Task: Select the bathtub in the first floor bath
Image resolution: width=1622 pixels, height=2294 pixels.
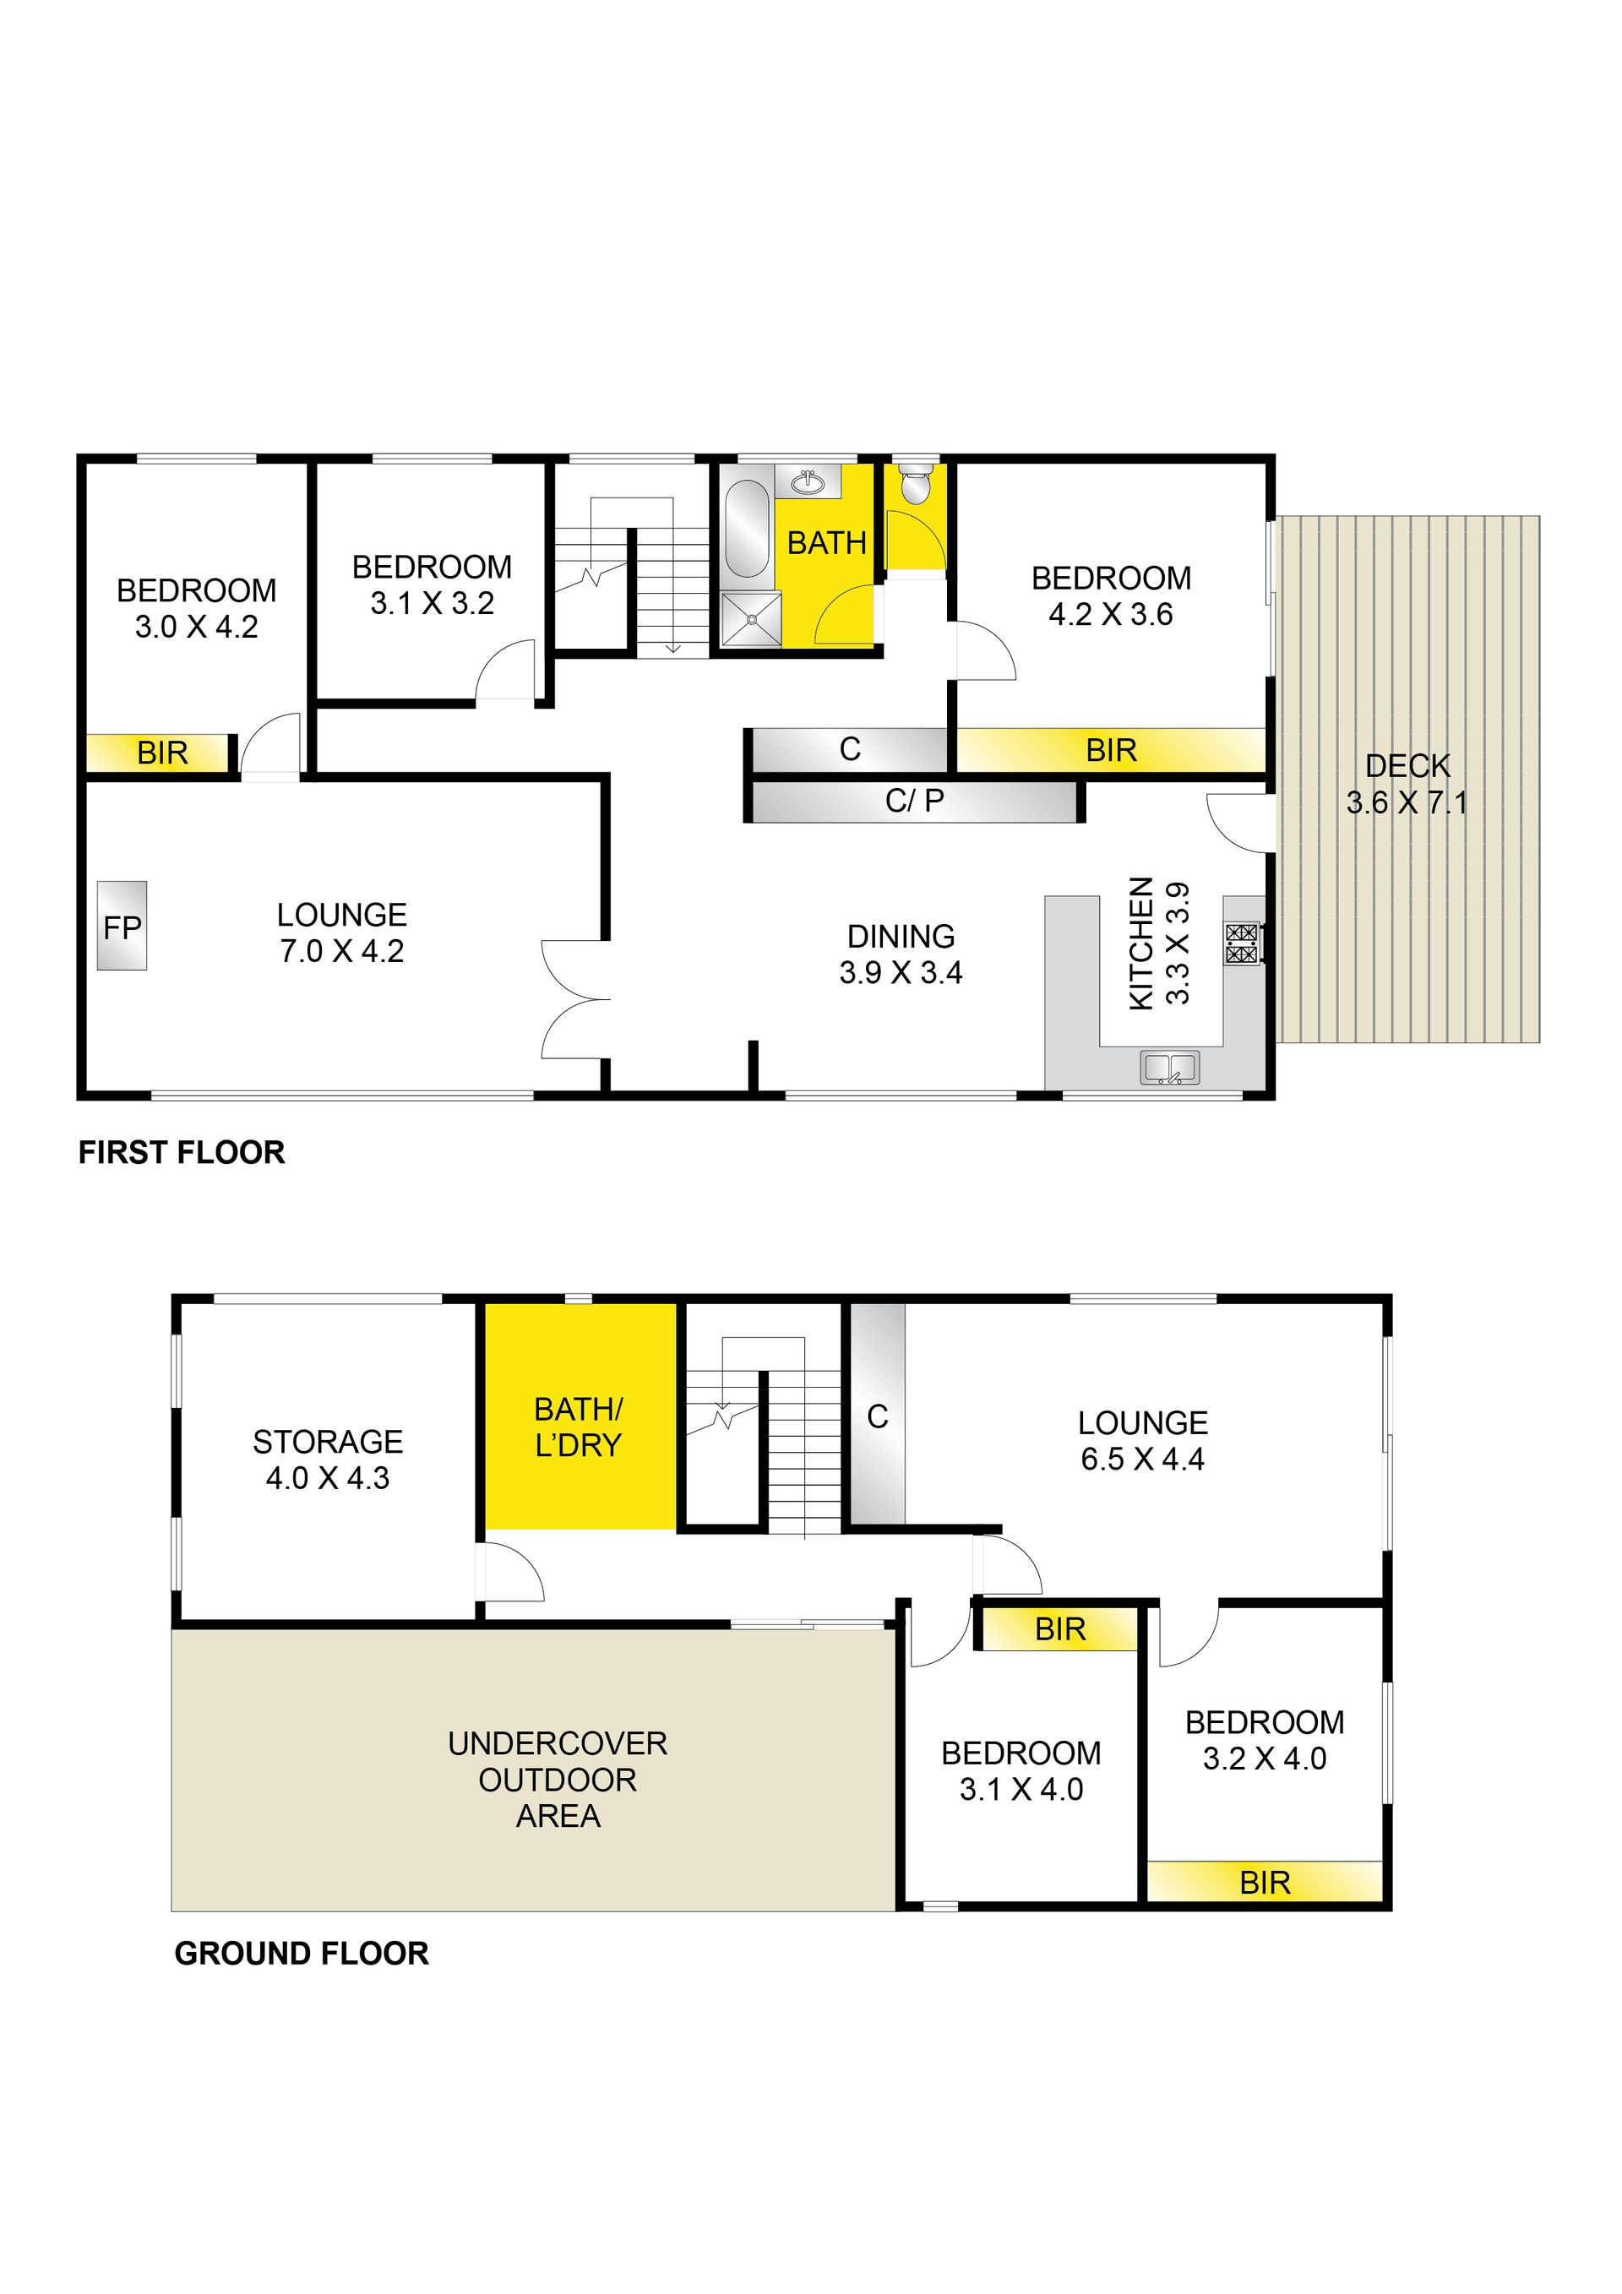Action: (747, 530)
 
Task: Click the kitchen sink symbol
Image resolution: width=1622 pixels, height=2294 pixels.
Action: (1169, 1068)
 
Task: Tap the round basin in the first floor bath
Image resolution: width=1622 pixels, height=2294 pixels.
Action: (807, 481)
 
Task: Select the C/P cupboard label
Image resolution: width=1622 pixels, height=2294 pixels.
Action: (914, 801)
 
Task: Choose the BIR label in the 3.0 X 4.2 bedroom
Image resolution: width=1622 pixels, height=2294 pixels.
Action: (162, 753)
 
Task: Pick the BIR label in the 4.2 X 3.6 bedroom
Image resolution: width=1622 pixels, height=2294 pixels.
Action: (1111, 750)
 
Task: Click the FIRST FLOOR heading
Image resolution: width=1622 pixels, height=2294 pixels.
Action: (182, 1153)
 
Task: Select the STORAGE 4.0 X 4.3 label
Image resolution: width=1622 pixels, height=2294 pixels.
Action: (328, 1460)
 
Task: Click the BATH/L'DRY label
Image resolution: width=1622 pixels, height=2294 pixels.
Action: (579, 1427)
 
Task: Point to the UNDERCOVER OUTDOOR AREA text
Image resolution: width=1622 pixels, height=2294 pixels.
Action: (558, 1780)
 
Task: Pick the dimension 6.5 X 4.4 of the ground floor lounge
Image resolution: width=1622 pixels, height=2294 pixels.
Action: (1142, 1460)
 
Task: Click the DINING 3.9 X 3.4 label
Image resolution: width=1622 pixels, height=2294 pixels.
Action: (901, 954)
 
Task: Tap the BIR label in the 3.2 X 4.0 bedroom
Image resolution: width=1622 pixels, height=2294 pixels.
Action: (1265, 1884)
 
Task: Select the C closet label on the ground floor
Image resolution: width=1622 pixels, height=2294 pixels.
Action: (878, 1416)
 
